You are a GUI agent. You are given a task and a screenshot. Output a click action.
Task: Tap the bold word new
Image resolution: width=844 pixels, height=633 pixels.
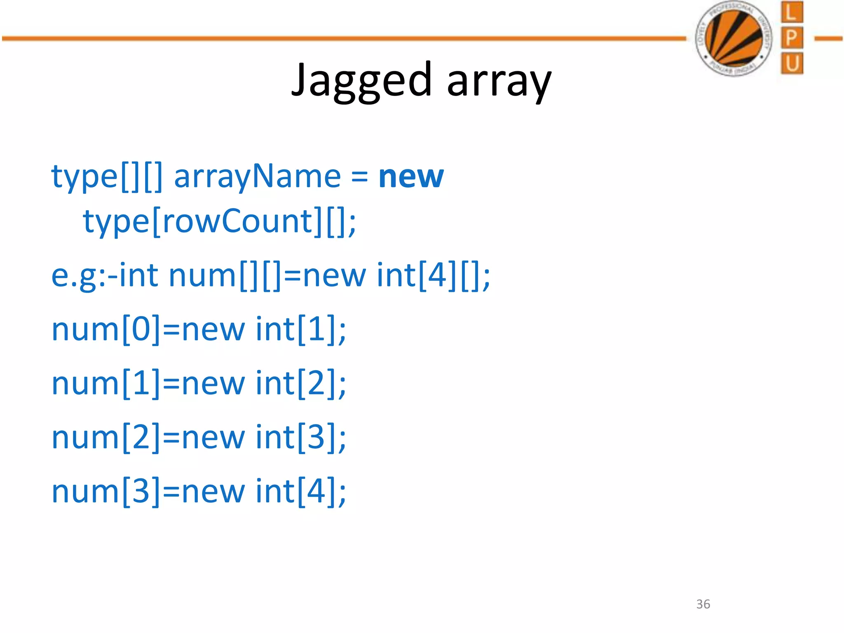click(411, 176)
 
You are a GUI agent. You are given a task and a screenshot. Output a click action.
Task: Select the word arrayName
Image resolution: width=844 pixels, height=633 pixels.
click(258, 176)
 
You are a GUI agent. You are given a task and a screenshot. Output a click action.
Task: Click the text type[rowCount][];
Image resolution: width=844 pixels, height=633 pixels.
click(219, 221)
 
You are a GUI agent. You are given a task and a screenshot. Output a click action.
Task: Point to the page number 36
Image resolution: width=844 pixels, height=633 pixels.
click(703, 604)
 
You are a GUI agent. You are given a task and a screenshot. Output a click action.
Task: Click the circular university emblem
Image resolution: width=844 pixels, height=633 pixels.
click(734, 39)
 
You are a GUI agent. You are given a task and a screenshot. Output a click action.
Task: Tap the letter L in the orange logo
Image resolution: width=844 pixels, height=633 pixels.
click(792, 12)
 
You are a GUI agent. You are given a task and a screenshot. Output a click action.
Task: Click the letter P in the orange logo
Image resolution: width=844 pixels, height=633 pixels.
click(792, 38)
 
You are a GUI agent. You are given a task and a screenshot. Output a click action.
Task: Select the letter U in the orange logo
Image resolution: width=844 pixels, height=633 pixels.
click(792, 63)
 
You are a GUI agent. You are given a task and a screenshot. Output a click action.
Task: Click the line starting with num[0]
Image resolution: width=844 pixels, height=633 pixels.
click(199, 329)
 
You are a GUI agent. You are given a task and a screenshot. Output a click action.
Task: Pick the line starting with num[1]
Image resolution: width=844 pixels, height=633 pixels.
click(199, 383)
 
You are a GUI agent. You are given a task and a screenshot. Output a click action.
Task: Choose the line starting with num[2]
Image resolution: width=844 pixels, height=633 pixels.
click(199, 437)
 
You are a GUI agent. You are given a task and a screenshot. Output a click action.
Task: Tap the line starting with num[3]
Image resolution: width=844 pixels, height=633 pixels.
click(199, 491)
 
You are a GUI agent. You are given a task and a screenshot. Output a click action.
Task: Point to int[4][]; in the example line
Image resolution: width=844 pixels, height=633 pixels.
click(433, 275)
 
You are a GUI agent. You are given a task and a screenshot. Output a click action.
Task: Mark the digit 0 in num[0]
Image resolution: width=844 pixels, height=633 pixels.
click(141, 329)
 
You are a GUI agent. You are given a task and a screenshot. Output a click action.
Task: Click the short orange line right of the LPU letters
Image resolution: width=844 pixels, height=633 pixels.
click(828, 39)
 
